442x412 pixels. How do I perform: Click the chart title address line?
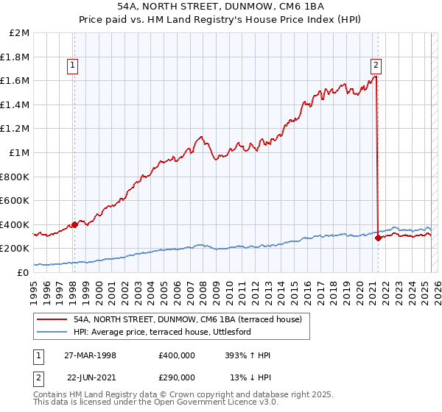[221, 7]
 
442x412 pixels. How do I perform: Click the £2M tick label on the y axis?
[20, 33]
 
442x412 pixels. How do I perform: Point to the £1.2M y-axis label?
[15, 129]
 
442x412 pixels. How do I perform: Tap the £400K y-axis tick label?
[15, 224]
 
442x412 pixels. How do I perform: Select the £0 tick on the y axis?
[24, 272]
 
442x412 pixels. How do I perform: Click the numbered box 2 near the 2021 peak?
[376, 64]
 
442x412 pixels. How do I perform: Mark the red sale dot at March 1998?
[74, 224]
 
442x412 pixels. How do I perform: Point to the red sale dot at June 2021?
[378, 238]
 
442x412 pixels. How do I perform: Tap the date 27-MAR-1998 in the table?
[91, 355]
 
